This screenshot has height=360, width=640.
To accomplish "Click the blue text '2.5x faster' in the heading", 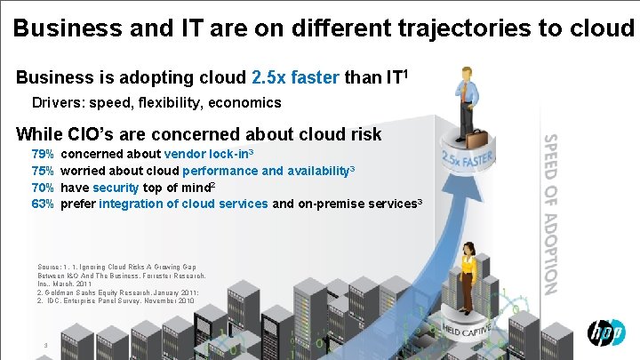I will [x=296, y=77].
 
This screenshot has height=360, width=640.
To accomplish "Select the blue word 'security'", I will [x=116, y=188].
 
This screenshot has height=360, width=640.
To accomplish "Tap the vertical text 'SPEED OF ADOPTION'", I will [x=550, y=213].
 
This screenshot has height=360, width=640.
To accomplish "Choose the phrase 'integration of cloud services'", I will [x=183, y=204].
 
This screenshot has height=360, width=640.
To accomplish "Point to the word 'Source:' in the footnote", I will [x=50, y=267].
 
